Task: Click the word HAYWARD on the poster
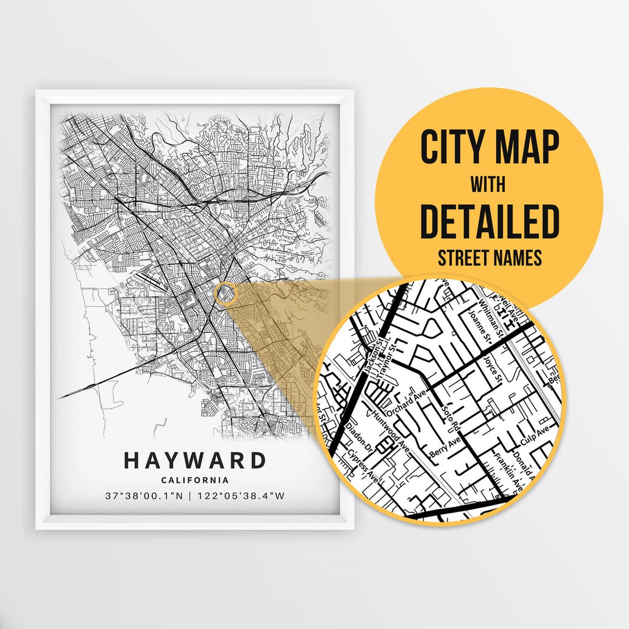coord(195,461)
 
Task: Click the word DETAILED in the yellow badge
coord(489,221)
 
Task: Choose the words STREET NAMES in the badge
coord(489,257)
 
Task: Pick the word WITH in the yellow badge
coord(488,185)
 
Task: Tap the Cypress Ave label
coord(363,467)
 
